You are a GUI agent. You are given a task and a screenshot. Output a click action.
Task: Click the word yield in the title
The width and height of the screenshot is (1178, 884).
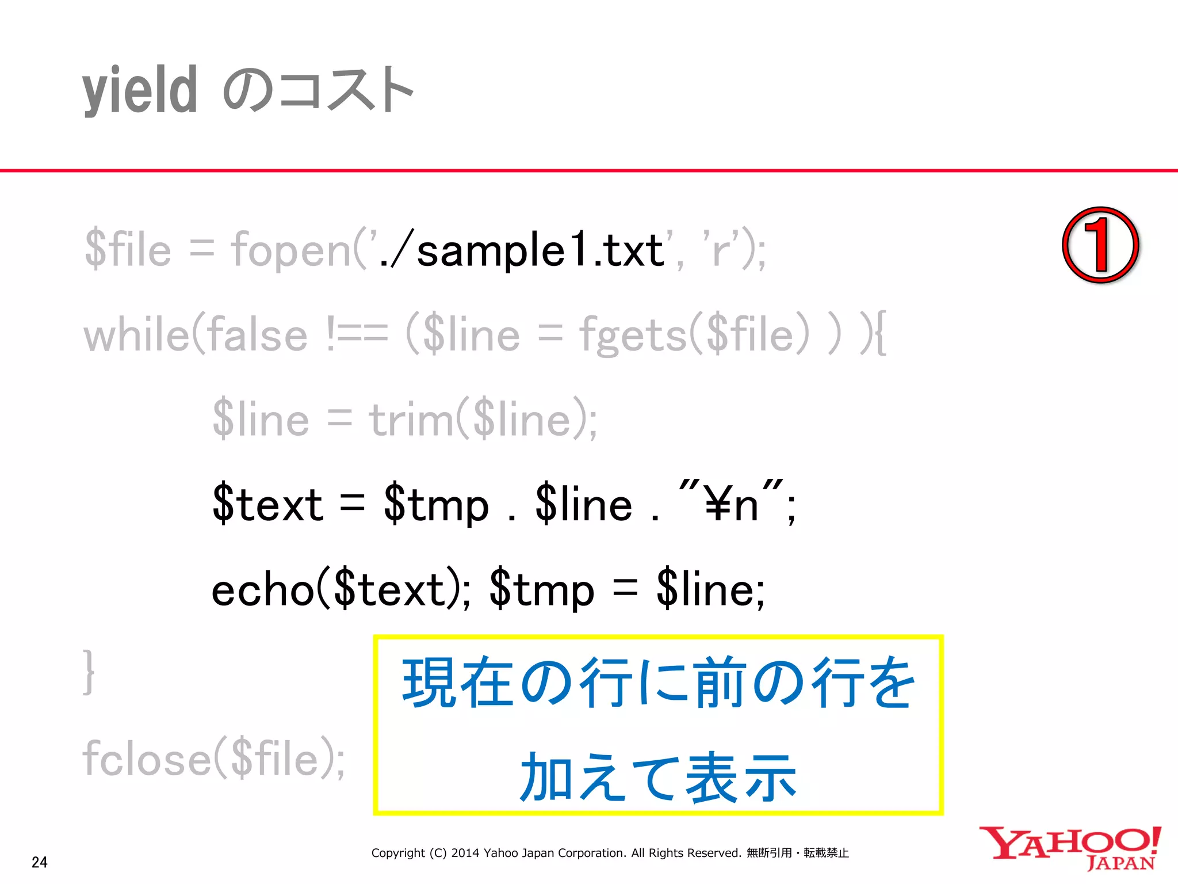pyautogui.click(x=140, y=91)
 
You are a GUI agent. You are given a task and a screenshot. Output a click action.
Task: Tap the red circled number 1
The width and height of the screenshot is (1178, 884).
pyautogui.click(x=1100, y=245)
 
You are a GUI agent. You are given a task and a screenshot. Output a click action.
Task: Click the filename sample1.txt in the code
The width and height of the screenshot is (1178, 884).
pyautogui.click(x=540, y=251)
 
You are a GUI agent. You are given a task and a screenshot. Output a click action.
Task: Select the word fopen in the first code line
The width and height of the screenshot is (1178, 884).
pyautogui.click(x=291, y=251)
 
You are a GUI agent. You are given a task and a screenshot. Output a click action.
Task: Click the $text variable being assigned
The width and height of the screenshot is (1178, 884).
pyautogui.click(x=268, y=505)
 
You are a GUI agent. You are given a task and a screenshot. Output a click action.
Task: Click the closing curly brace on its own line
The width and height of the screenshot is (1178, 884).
pyautogui.click(x=88, y=672)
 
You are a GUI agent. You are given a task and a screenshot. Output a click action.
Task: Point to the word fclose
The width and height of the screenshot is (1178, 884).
pyautogui.click(x=147, y=759)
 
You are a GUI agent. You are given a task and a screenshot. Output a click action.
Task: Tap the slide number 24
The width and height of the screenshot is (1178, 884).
pyautogui.click(x=40, y=862)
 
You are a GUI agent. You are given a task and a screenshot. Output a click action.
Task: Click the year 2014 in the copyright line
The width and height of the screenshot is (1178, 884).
pyautogui.click(x=465, y=853)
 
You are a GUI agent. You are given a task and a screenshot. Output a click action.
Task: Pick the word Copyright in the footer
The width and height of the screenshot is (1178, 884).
pyautogui.click(x=398, y=853)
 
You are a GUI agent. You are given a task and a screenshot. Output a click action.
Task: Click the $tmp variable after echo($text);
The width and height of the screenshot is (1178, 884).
pyautogui.click(x=542, y=590)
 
